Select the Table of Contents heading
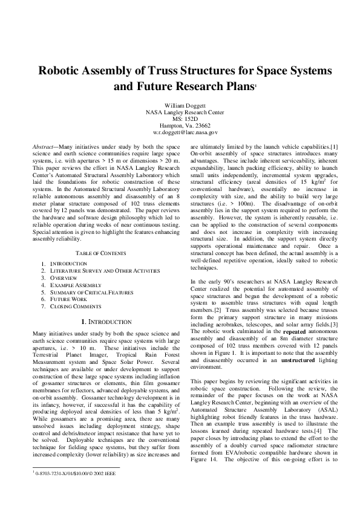101,252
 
